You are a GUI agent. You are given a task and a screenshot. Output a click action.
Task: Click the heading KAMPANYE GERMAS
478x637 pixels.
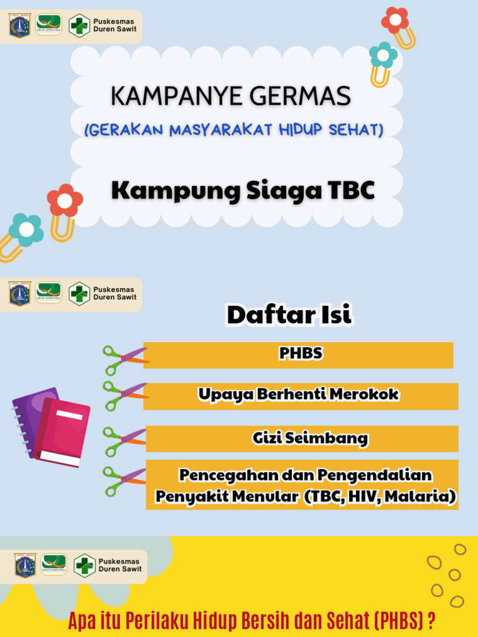point(230,96)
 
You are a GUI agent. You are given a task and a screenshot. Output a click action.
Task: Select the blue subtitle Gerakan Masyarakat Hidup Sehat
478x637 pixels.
point(233,130)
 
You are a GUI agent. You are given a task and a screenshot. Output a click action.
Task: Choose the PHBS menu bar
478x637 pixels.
point(299,355)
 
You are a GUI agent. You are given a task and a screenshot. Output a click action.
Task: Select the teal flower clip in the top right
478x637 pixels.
point(383,56)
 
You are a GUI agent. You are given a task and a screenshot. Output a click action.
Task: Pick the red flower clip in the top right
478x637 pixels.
point(395,20)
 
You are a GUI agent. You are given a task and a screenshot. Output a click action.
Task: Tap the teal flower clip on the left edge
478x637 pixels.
point(26,230)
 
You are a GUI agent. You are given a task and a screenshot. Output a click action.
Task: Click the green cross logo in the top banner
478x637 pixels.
point(79,26)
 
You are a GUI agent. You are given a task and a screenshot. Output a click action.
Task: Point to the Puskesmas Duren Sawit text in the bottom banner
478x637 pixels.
point(120,565)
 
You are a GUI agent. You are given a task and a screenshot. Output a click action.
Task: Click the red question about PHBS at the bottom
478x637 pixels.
point(251,621)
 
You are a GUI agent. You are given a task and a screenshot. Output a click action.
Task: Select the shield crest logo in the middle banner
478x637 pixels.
point(20,294)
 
